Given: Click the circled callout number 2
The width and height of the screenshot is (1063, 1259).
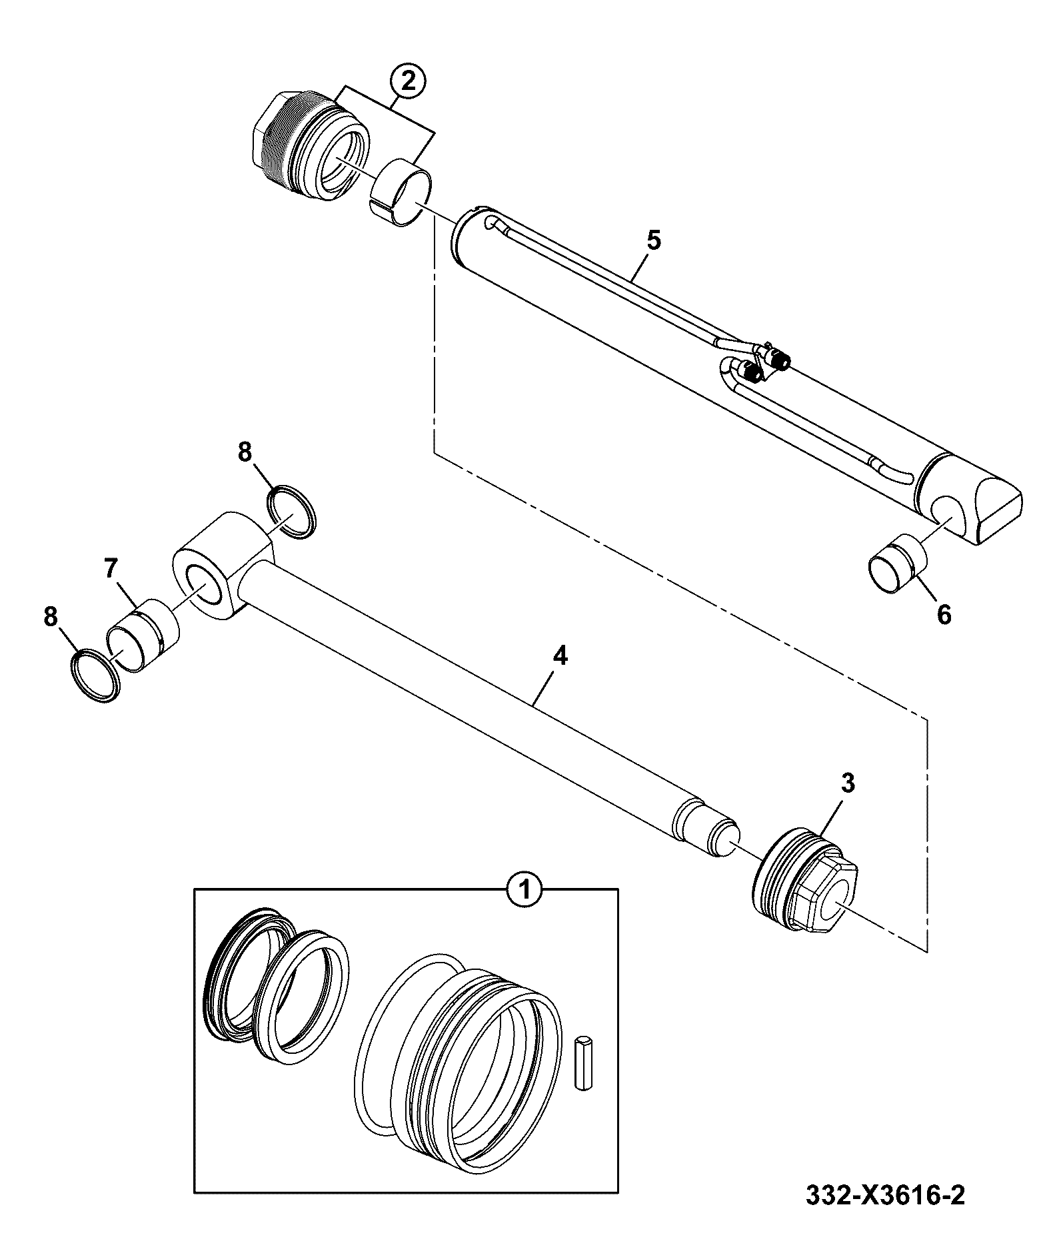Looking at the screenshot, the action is (408, 81).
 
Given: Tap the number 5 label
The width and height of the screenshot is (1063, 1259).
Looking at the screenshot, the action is (654, 240).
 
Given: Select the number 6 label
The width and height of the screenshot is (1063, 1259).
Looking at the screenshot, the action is (944, 615).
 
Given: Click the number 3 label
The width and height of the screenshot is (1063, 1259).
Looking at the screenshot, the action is (848, 783).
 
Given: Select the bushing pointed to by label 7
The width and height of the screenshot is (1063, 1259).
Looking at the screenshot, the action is (143, 635).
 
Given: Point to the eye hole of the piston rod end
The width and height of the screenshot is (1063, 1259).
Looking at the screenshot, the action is (206, 582).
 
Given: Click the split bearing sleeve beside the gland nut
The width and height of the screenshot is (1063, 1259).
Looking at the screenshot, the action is (400, 192).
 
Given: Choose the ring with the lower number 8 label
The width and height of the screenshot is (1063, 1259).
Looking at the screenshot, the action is (95, 675).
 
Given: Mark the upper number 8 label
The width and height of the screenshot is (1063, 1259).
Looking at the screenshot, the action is (245, 453).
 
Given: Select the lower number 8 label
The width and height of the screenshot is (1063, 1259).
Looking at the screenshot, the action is (51, 617).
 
